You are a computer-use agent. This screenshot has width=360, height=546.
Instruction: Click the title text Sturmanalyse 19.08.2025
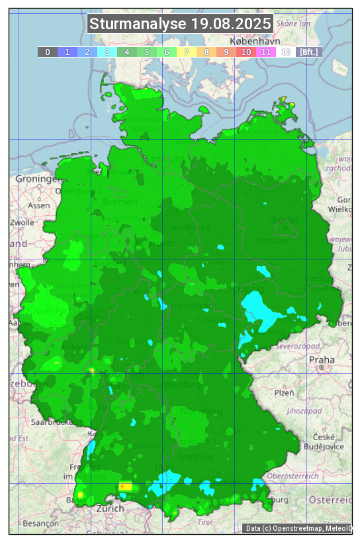click(x=180, y=24)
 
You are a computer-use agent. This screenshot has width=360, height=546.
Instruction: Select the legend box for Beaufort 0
click(x=48, y=52)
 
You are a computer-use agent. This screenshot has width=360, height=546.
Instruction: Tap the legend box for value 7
click(x=187, y=52)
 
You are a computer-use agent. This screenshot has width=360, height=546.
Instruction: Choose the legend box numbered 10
click(x=246, y=52)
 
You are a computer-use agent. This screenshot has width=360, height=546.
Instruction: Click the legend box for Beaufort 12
click(x=286, y=52)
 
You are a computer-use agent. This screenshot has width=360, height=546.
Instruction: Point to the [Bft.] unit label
click(x=308, y=52)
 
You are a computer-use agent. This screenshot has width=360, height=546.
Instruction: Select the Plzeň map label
click(x=284, y=392)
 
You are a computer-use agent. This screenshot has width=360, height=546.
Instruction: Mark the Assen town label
click(x=39, y=205)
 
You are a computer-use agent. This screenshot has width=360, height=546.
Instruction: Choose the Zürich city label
click(x=110, y=509)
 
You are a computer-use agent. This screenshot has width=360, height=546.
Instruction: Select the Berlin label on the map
click(x=286, y=220)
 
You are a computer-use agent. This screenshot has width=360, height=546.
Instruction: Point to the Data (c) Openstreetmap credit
click(x=298, y=528)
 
